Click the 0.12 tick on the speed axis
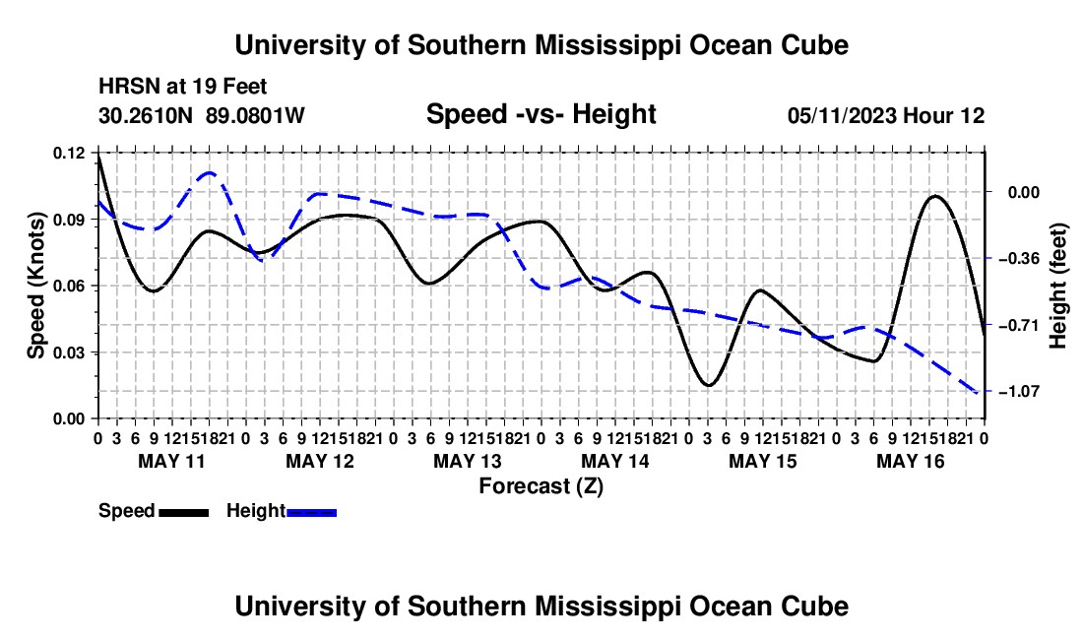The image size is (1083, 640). pos(69,154)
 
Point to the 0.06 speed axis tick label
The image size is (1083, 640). pos(69,286)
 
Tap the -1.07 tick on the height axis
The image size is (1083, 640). pos(1024,392)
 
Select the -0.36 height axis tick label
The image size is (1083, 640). pos(1024,259)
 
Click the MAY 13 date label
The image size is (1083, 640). pos(468,461)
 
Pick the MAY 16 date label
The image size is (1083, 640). pos(911,461)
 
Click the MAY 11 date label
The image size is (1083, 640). pos(172,461)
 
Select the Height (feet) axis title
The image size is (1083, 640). pos(1058,286)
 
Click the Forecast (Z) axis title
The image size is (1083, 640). pos(541,486)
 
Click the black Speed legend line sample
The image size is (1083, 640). pos(184,512)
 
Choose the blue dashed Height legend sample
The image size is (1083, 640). pos(311,512)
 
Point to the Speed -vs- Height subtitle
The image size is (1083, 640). pos(541,114)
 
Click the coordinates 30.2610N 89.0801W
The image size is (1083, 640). pos(202,115)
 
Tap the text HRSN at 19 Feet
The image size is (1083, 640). pos(182,87)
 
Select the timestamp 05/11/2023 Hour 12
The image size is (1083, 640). pos(886,115)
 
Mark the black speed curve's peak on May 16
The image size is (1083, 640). pos(935,196)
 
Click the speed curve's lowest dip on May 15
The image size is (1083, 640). pos(708,385)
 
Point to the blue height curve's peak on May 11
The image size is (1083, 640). pos(210,172)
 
